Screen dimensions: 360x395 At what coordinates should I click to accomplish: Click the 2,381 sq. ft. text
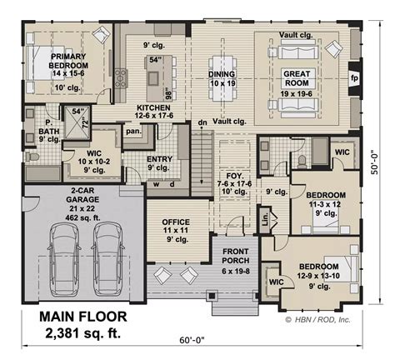click(x=83, y=335)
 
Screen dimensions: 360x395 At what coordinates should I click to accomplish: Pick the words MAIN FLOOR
click(x=83, y=317)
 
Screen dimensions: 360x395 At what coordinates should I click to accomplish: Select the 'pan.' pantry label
click(x=132, y=131)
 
